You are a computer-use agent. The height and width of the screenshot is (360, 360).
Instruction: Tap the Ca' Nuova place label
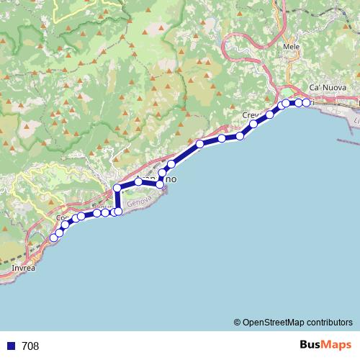pos(324,87)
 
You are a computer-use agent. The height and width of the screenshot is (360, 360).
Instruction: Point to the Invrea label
pos(23,268)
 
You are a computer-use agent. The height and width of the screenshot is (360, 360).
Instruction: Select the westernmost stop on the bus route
pos(53,238)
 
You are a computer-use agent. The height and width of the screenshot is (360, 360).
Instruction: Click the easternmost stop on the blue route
pos(306,103)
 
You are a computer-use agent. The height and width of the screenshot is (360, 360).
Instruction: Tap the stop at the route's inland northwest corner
pos(117,188)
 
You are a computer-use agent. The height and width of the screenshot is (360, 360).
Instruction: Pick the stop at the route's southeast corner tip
pos(160,184)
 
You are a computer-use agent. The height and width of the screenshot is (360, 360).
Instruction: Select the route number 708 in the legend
pos(30,346)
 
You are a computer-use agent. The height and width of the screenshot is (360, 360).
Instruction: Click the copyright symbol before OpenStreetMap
pos(237,323)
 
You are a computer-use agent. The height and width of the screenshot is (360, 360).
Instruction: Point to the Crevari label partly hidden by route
pos(252,115)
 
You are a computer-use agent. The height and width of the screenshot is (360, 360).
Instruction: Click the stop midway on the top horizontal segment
pos(138,181)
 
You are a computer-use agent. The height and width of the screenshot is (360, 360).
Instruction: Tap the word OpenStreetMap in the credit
pos(273,323)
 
